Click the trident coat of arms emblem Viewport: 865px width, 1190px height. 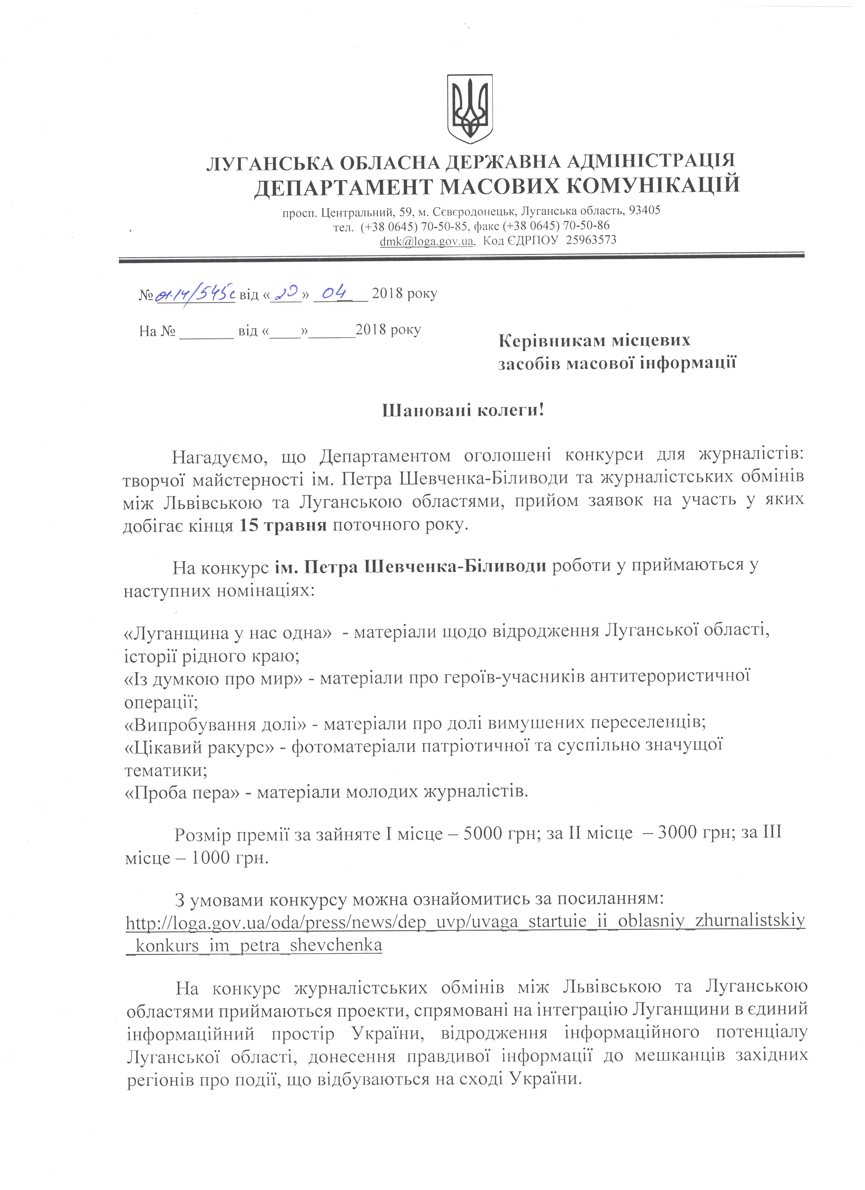[x=469, y=109]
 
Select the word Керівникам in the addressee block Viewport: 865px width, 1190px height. [x=545, y=341]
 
